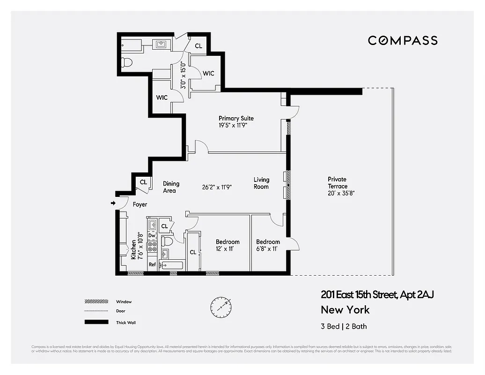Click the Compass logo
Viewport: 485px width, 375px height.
pyautogui.click(x=403, y=40)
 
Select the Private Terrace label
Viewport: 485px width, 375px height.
pyautogui.click(x=337, y=182)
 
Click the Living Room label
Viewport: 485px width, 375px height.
pyautogui.click(x=261, y=183)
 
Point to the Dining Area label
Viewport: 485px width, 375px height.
pyautogui.click(x=171, y=187)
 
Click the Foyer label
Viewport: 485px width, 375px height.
pyautogui.click(x=140, y=204)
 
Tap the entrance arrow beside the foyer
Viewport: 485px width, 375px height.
pyautogui.click(x=113, y=203)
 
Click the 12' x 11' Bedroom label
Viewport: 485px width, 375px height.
pyautogui.click(x=228, y=245)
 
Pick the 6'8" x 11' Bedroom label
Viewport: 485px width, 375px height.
pyautogui.click(x=268, y=245)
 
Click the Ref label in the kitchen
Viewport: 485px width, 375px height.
pyautogui.click(x=152, y=265)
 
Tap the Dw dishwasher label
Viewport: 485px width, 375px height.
pyautogui.click(x=152, y=236)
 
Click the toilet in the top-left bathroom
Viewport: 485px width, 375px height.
pyautogui.click(x=126, y=62)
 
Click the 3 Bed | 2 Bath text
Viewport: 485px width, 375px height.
pyautogui.click(x=347, y=326)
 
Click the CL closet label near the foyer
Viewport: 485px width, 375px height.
pyautogui.click(x=143, y=182)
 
